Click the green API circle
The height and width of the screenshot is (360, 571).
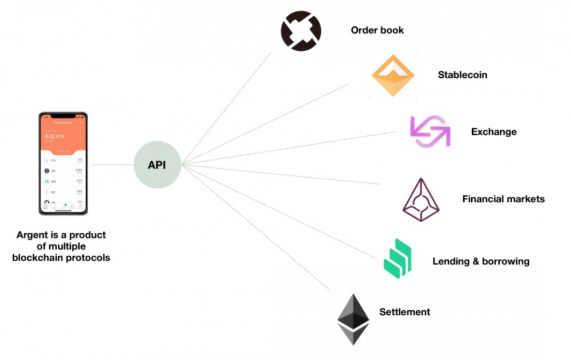click(x=157, y=165)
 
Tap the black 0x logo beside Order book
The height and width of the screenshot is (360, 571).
click(x=301, y=30)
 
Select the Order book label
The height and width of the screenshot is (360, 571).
click(x=377, y=30)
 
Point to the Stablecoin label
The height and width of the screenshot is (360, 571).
click(x=463, y=75)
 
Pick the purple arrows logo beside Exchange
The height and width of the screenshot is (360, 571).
click(x=430, y=131)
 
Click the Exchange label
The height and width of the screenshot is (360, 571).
click(x=493, y=132)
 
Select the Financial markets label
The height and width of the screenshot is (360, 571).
click(x=503, y=199)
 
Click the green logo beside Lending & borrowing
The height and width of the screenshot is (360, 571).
click(x=397, y=259)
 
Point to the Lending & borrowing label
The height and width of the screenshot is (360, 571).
click(x=481, y=262)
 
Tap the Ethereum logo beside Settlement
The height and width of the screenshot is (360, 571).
click(x=353, y=318)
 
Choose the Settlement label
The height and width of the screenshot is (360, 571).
click(x=404, y=312)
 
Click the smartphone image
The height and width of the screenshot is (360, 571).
click(x=63, y=163)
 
